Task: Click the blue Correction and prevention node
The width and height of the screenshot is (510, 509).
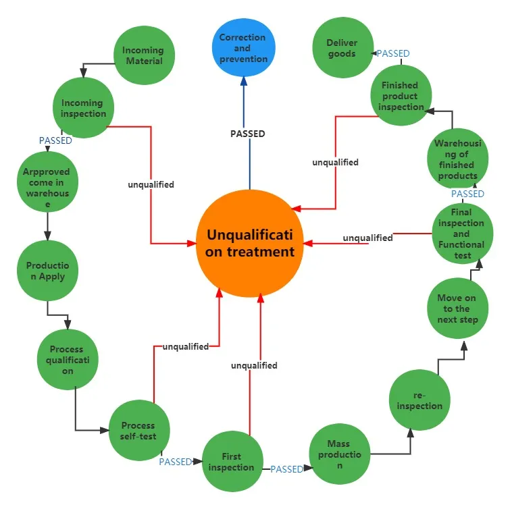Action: (x=243, y=48)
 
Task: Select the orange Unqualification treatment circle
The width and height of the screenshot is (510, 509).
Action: (x=251, y=243)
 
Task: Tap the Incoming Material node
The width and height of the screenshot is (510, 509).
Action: (x=143, y=55)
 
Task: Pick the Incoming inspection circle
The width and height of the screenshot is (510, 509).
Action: (x=83, y=108)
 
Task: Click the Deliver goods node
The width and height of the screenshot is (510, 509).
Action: (x=342, y=48)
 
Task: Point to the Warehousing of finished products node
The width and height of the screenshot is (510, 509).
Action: (x=457, y=159)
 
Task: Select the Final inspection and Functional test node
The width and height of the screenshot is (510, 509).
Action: (x=462, y=234)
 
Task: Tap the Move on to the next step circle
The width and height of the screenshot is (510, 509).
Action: (x=458, y=308)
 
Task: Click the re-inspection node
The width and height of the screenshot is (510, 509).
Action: (x=419, y=400)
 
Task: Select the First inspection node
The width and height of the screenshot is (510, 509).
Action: (x=232, y=462)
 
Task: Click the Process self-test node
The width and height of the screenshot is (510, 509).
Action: (x=138, y=431)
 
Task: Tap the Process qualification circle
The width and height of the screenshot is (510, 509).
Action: (x=67, y=360)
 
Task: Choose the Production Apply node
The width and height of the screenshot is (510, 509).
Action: (x=47, y=271)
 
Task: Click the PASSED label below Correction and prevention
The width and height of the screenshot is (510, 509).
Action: (x=247, y=134)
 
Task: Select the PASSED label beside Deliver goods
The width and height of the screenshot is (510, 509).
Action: (x=393, y=53)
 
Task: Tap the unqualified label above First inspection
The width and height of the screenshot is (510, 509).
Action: (x=254, y=365)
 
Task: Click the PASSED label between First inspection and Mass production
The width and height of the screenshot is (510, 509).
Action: (x=286, y=468)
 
